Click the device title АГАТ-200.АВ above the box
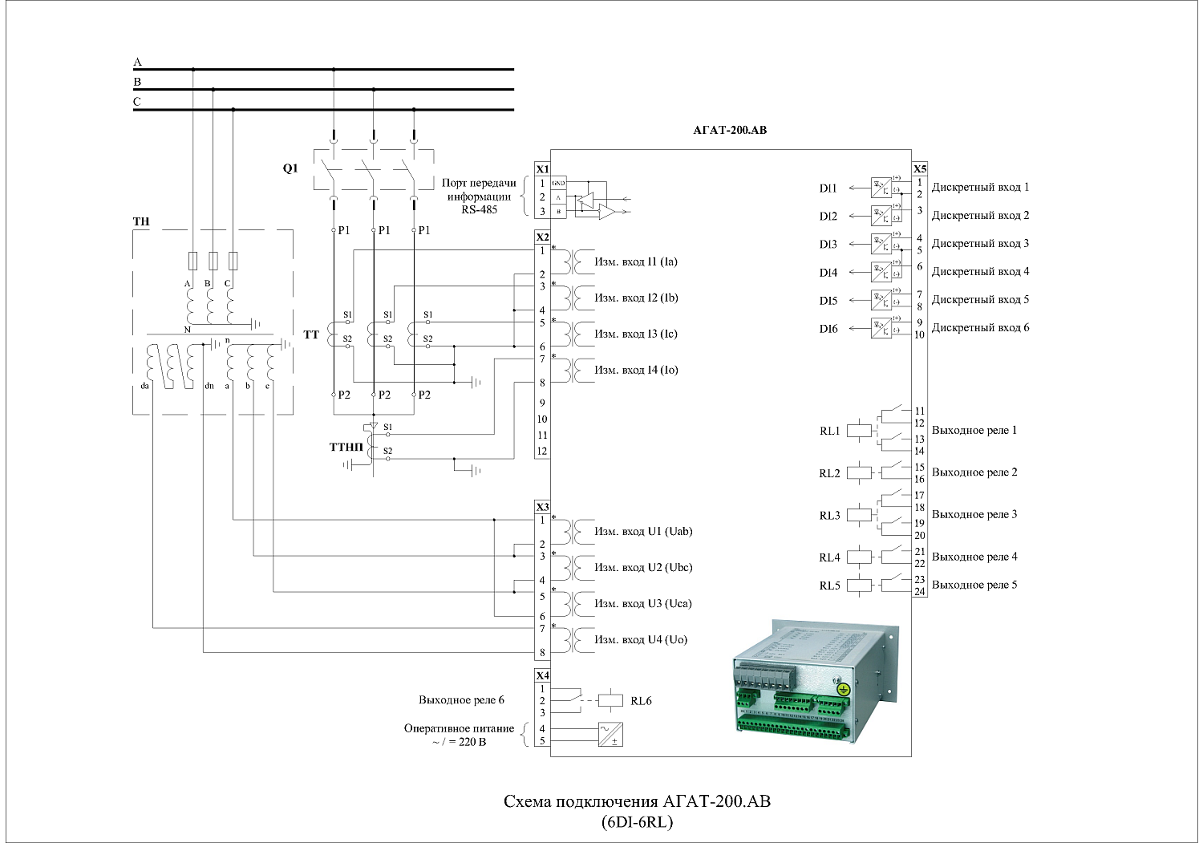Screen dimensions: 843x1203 point(729,130)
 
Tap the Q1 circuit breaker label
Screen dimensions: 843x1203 point(290,168)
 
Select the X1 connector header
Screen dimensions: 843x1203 point(542,169)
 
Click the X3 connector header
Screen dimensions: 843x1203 point(542,507)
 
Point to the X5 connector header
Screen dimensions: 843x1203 point(920,169)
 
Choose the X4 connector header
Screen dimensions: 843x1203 point(542,675)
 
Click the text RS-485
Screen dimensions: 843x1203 point(479,209)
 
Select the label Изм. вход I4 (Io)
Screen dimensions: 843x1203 point(636,370)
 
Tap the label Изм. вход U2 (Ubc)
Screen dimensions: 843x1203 point(643,567)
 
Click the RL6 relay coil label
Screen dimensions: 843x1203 point(641,701)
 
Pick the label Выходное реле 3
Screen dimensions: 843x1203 point(974,514)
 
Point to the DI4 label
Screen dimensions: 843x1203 point(828,273)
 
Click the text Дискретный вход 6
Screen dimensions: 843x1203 point(980,327)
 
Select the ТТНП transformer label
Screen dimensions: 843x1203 point(346,447)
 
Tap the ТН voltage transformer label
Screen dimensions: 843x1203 point(141,221)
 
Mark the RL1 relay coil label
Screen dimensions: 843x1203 point(830,431)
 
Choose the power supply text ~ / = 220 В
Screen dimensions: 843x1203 point(459,742)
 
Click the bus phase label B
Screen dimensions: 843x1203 point(137,82)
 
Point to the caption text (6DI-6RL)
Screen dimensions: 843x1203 point(637,822)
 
